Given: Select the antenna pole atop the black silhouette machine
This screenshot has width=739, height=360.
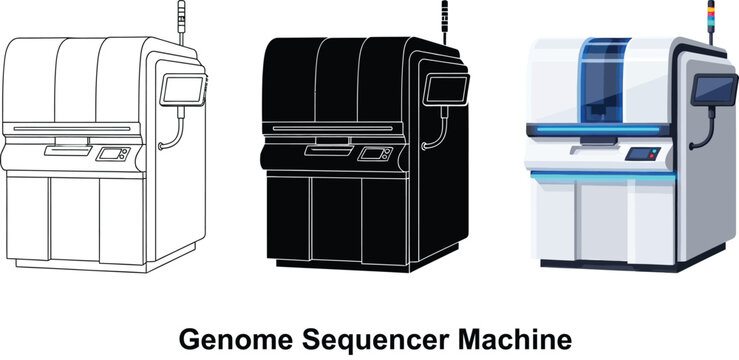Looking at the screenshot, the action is coord(445,19).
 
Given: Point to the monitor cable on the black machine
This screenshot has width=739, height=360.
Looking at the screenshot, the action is coord(440,130).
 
